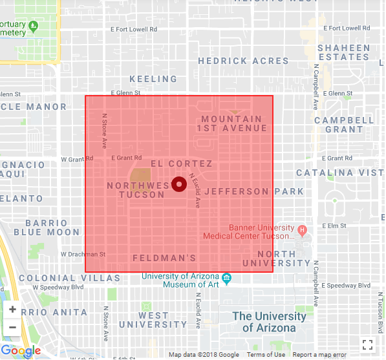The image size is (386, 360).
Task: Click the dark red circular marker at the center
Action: pyautogui.click(x=179, y=184)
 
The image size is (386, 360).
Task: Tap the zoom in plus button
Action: pyautogui.click(x=12, y=309)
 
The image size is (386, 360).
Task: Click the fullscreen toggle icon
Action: pyautogui.click(x=367, y=344)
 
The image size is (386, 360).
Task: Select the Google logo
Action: pyautogui.click(x=21, y=351)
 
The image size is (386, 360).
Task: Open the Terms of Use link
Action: pyautogui.click(x=265, y=355)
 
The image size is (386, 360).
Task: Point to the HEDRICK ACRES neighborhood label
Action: pyautogui.click(x=243, y=61)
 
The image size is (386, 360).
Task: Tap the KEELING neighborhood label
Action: pyautogui.click(x=153, y=79)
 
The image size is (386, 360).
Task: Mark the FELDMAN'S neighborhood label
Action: pyautogui.click(x=164, y=258)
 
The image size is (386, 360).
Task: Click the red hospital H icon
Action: pyautogui.click(x=301, y=229)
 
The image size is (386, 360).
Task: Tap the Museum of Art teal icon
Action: pyautogui.click(x=226, y=279)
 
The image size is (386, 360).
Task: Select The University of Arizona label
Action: pyautogui.click(x=269, y=322)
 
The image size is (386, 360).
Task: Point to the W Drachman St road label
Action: pyautogui.click(x=83, y=254)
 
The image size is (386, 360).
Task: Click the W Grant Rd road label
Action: pyautogui.click(x=77, y=158)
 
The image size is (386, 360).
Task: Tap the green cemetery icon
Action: pyautogui.click(x=34, y=26)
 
